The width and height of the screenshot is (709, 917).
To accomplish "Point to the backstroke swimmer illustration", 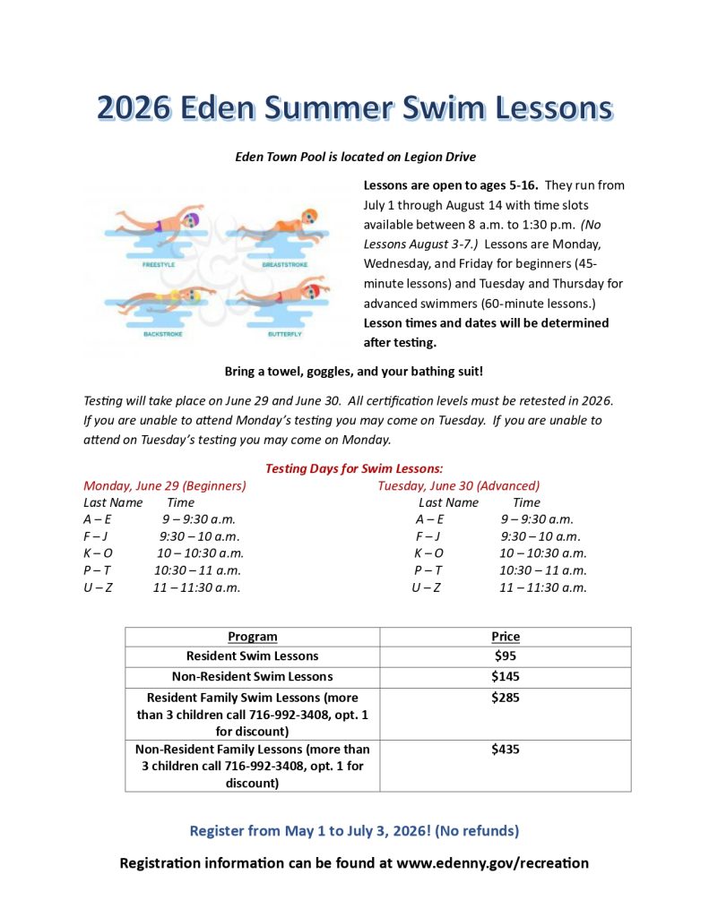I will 159,299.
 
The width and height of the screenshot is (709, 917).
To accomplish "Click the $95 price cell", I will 506,656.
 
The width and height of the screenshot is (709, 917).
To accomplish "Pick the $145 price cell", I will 506,676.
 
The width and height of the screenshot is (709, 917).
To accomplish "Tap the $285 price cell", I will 506,697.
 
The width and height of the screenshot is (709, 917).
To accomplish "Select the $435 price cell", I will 506,750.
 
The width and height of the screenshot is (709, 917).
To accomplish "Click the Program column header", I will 252,637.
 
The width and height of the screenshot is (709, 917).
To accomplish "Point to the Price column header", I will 506,637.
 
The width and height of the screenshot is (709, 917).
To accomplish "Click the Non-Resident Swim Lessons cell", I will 252,676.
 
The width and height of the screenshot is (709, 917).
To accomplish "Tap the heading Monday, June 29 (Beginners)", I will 165,485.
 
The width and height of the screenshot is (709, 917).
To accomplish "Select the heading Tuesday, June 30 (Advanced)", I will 459,485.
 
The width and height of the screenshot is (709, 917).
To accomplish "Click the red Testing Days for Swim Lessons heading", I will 354,468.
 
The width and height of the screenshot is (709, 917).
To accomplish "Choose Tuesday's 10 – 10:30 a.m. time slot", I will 542,553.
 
